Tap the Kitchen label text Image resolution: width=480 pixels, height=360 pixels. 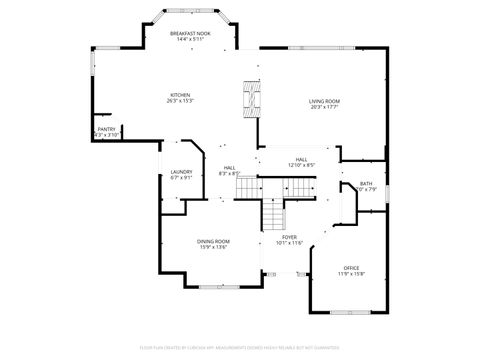pos(179,95)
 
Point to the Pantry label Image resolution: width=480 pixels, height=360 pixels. pos(106,129)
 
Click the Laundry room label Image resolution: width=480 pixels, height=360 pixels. pos(181,172)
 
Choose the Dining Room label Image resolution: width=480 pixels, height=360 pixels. pos(213,241)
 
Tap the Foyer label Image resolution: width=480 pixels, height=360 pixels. pos(289,237)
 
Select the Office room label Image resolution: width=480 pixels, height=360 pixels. pos(351,268)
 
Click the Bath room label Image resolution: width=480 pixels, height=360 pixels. pos(366,183)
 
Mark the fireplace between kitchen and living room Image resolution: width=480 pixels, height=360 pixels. pos(250,96)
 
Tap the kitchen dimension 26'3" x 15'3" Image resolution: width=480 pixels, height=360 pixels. pos(179,101)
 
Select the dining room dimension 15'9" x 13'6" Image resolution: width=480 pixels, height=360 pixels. pos(213,247)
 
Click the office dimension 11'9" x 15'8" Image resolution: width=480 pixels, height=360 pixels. pos(351,274)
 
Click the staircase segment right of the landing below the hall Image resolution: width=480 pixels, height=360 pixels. pos(298,187)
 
